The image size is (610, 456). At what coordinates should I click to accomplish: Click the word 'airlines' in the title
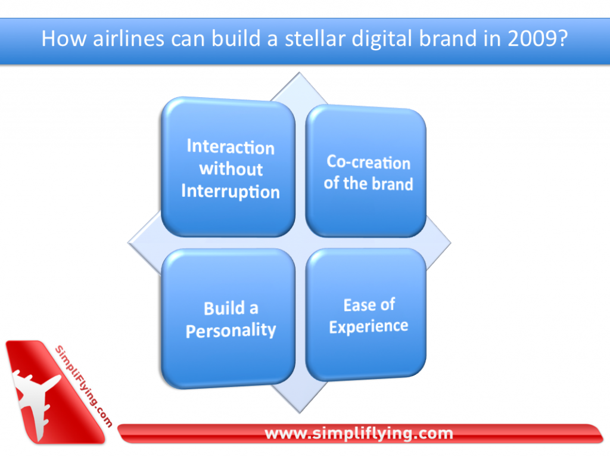coord(129,39)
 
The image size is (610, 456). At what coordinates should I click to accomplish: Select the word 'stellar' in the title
coord(315,39)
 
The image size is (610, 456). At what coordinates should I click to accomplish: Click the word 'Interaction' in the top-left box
coord(231,147)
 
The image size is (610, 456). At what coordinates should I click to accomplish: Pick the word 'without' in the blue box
coord(231,169)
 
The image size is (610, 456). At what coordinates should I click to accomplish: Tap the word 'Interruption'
coord(231,191)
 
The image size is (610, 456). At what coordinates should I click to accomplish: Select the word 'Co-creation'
coord(368,162)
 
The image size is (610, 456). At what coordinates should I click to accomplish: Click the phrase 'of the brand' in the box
coord(368,184)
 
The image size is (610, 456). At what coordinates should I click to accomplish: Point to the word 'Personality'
coord(231,331)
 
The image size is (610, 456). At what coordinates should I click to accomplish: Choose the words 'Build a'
coord(231,308)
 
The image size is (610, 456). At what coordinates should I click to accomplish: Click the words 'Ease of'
coord(369,305)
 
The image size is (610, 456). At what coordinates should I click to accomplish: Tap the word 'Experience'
coord(369,326)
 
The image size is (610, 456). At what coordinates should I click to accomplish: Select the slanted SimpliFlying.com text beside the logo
coord(83,386)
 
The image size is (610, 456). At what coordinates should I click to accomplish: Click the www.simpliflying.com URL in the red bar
coord(359,433)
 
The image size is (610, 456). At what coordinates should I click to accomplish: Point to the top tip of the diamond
coord(299,73)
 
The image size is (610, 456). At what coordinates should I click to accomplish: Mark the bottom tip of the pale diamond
coord(300,412)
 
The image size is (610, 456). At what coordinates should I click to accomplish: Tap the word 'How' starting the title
coord(64,39)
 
